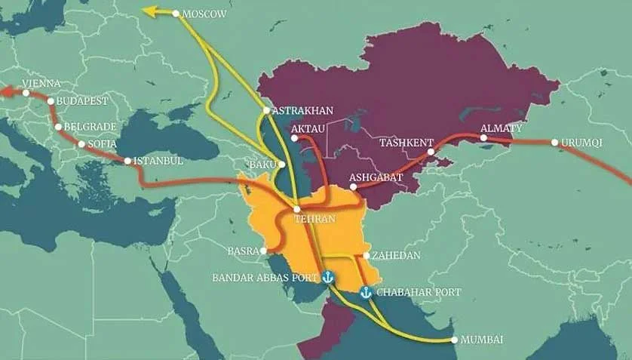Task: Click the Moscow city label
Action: tap(204, 14)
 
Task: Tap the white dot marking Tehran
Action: tap(297, 209)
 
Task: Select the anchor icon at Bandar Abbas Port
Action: tap(327, 278)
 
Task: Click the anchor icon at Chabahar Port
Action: tap(366, 291)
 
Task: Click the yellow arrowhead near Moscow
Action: tap(150, 11)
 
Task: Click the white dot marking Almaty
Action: tap(483, 137)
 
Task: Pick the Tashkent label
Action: tap(406, 142)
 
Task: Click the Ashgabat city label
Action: tap(376, 177)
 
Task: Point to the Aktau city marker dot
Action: tap(294, 137)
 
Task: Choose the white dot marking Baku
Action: tap(281, 164)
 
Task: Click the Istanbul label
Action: tap(159, 161)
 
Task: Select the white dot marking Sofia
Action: tap(81, 143)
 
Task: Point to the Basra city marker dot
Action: tap(265, 251)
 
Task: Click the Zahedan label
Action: tap(396, 256)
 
